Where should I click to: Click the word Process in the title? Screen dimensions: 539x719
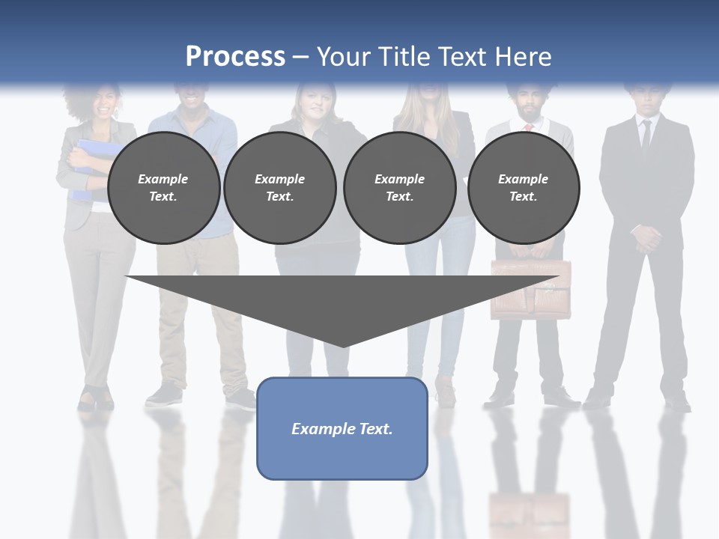click(235, 56)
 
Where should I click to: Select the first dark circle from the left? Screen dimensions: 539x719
click(163, 188)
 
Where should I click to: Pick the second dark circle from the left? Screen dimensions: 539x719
click(279, 188)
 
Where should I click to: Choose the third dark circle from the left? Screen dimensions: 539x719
click(399, 188)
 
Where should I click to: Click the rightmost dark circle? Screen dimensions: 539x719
click(523, 188)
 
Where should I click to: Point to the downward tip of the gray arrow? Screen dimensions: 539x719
click(343, 345)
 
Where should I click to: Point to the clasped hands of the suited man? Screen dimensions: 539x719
click(646, 239)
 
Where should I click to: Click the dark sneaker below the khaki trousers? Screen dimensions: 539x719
click(164, 395)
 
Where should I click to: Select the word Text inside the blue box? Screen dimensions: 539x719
click(376, 429)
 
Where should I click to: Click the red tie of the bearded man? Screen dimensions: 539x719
click(528, 127)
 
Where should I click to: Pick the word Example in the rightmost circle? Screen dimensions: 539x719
click(523, 179)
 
